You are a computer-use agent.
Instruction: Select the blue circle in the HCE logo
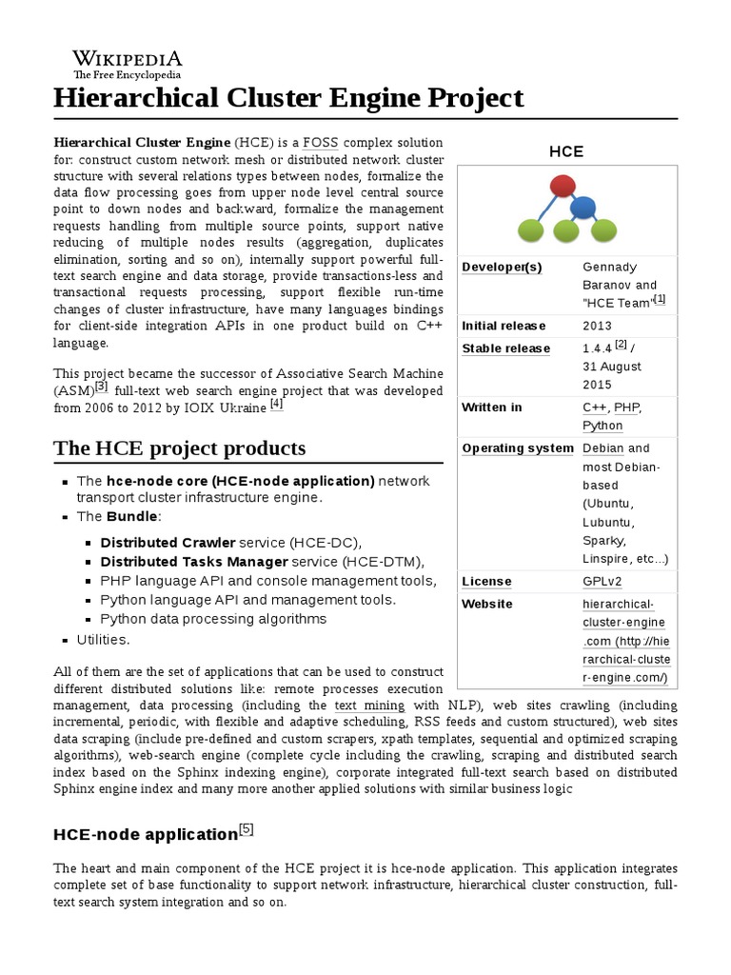tap(583, 206)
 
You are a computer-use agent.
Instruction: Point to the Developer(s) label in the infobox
tap(502, 268)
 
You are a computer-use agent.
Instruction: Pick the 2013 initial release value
tap(598, 326)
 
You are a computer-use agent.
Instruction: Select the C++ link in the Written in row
tap(594, 408)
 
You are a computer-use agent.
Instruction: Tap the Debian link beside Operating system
tap(603, 448)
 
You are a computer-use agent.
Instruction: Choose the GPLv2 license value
tap(602, 582)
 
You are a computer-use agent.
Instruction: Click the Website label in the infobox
tap(486, 605)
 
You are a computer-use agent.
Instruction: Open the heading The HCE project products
tap(180, 448)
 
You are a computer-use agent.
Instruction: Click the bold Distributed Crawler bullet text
tap(168, 542)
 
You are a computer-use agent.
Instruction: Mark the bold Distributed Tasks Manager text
tap(194, 561)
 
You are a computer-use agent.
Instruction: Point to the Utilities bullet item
tap(103, 639)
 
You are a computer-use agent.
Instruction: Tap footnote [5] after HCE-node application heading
tap(246, 829)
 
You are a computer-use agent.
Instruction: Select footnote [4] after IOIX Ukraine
tap(277, 404)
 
